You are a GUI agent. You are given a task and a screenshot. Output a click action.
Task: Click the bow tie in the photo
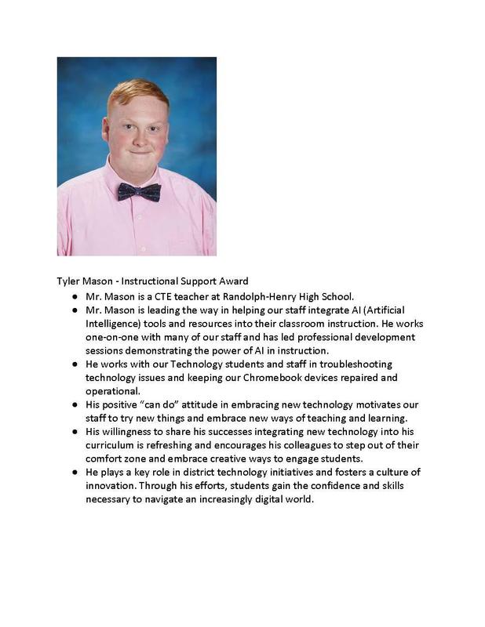click(139, 192)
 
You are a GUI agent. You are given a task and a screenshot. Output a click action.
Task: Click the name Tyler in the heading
click(69, 281)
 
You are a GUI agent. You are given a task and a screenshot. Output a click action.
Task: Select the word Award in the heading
click(232, 281)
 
